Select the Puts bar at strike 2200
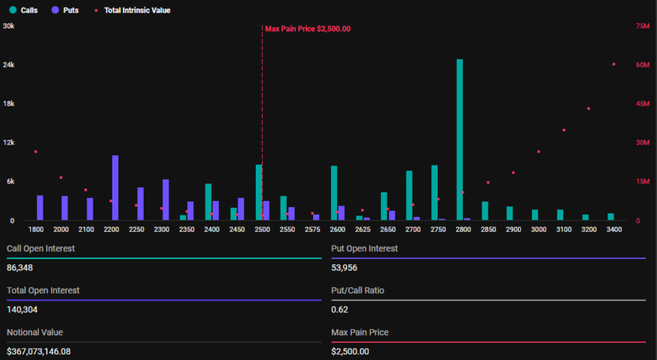click(x=115, y=188)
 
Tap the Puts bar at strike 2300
click(x=165, y=199)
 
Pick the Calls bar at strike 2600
click(x=334, y=193)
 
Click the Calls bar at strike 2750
click(x=434, y=192)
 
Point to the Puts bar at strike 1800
click(x=40, y=208)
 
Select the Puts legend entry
click(x=65, y=10)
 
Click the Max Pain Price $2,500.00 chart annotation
click(x=308, y=29)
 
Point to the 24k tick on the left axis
click(x=9, y=65)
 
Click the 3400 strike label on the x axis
click(x=614, y=229)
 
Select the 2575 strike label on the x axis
click(x=312, y=229)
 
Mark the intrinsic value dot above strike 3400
click(x=614, y=64)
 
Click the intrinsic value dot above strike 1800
click(x=36, y=151)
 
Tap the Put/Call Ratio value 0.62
click(x=339, y=310)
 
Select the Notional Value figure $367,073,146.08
click(x=49, y=352)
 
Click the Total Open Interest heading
click(x=43, y=290)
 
